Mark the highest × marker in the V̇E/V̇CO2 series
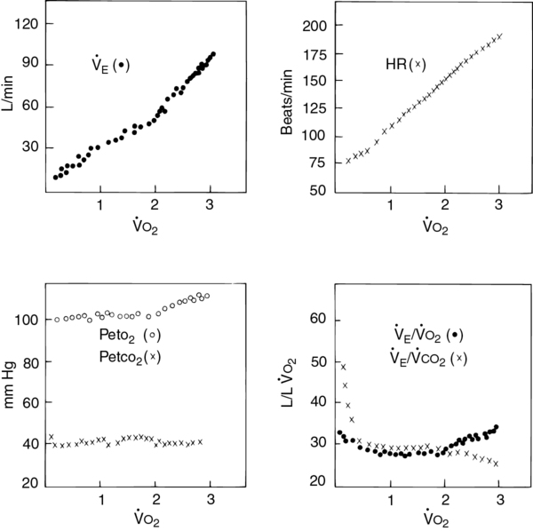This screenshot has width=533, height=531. [x=343, y=367]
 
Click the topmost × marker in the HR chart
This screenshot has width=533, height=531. [x=500, y=36]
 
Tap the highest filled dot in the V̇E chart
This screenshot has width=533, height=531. [x=213, y=54]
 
